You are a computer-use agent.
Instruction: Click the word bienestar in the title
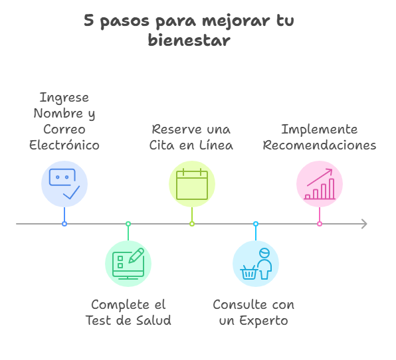189,41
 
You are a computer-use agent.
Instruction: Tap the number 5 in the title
88,20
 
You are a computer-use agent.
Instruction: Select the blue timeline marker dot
64,224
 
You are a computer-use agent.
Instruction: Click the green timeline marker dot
128,224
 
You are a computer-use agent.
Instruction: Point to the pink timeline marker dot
320,224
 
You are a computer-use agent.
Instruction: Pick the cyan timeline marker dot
256,224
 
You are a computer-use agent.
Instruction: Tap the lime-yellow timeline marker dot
192,224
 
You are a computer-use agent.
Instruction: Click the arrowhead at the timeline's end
364,224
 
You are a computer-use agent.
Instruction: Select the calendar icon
192,184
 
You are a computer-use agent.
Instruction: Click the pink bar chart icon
320,184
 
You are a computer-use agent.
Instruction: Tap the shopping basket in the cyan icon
249,272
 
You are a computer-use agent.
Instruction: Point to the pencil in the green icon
136,256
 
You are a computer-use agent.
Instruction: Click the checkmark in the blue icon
72,193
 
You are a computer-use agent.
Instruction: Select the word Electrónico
64,145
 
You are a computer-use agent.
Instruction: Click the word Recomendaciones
320,145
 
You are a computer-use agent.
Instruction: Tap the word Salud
153,320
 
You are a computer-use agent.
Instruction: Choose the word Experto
263,321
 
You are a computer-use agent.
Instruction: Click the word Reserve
177,130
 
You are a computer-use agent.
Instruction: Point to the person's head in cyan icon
264,253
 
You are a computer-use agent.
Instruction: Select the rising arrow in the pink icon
320,177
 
